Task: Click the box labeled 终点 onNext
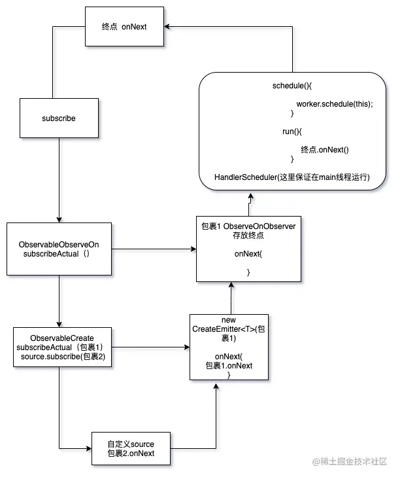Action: (124, 27)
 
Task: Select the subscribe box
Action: (59, 119)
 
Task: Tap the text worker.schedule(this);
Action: (334, 104)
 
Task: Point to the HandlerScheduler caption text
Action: (292, 177)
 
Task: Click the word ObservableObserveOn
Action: (58, 244)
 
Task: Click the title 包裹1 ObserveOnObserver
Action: (249, 226)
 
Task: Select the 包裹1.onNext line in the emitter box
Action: (229, 366)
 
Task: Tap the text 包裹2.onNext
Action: (131, 453)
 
